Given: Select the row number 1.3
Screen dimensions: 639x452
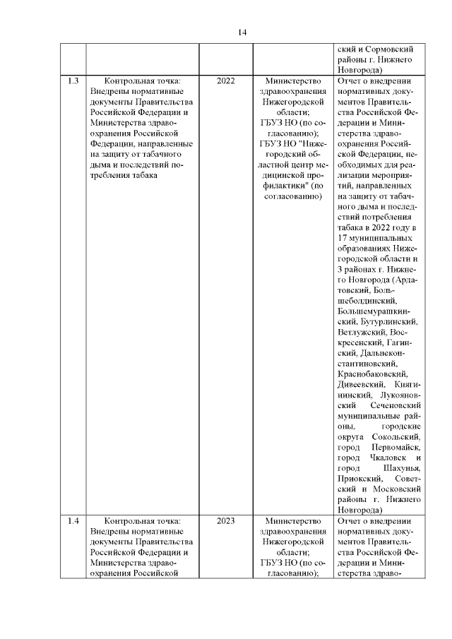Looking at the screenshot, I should [x=73, y=81].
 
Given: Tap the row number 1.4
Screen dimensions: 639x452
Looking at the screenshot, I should [x=73, y=522].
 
